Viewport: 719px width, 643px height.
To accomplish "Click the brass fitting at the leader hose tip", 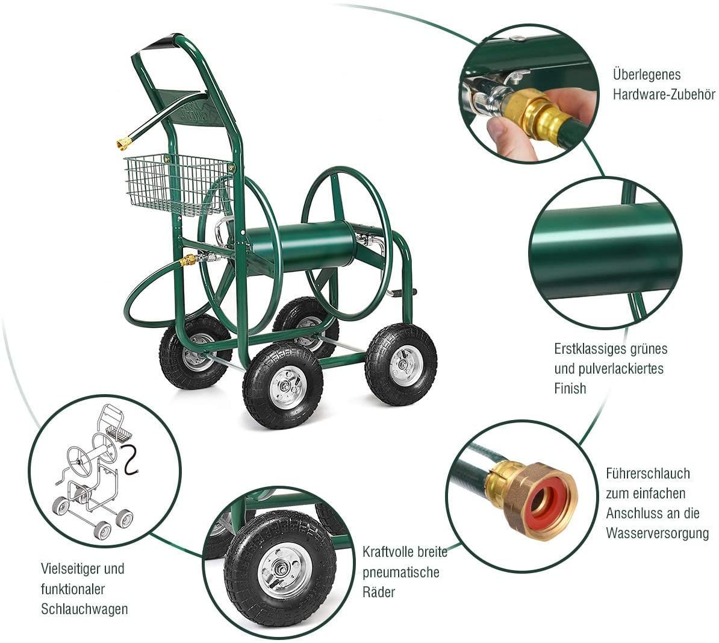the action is coord(123,143).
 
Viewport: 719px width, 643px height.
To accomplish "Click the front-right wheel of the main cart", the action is coord(401,364).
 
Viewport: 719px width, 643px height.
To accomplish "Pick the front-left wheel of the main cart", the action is coord(283,386).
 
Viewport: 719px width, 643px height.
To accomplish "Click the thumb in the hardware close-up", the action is coord(509,133).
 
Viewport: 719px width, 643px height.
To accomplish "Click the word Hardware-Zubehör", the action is coord(664,95).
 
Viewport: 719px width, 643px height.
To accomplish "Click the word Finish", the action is coord(570,388).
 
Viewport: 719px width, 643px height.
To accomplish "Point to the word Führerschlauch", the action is coord(648,473).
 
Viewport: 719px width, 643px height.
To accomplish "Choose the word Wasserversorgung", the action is coord(657,533).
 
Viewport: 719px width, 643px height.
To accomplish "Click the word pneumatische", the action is coord(401,572).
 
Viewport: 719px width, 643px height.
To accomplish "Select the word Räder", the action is coord(378,592).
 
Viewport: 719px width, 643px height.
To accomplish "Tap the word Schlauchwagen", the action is coord(84,609).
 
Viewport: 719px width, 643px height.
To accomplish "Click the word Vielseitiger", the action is coord(70,569).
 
